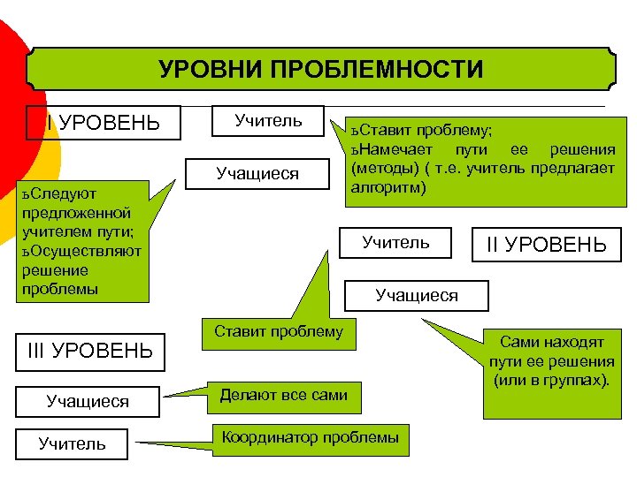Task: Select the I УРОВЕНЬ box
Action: coord(104,123)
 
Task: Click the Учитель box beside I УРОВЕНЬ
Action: coord(268,120)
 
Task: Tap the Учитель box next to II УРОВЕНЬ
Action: coord(396,241)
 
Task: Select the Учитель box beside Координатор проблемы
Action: coord(73,443)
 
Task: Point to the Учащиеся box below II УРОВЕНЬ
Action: coord(417,296)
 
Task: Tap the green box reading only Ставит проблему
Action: coord(278,332)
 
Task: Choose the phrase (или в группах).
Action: coord(550,381)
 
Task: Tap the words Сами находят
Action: coord(551,341)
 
